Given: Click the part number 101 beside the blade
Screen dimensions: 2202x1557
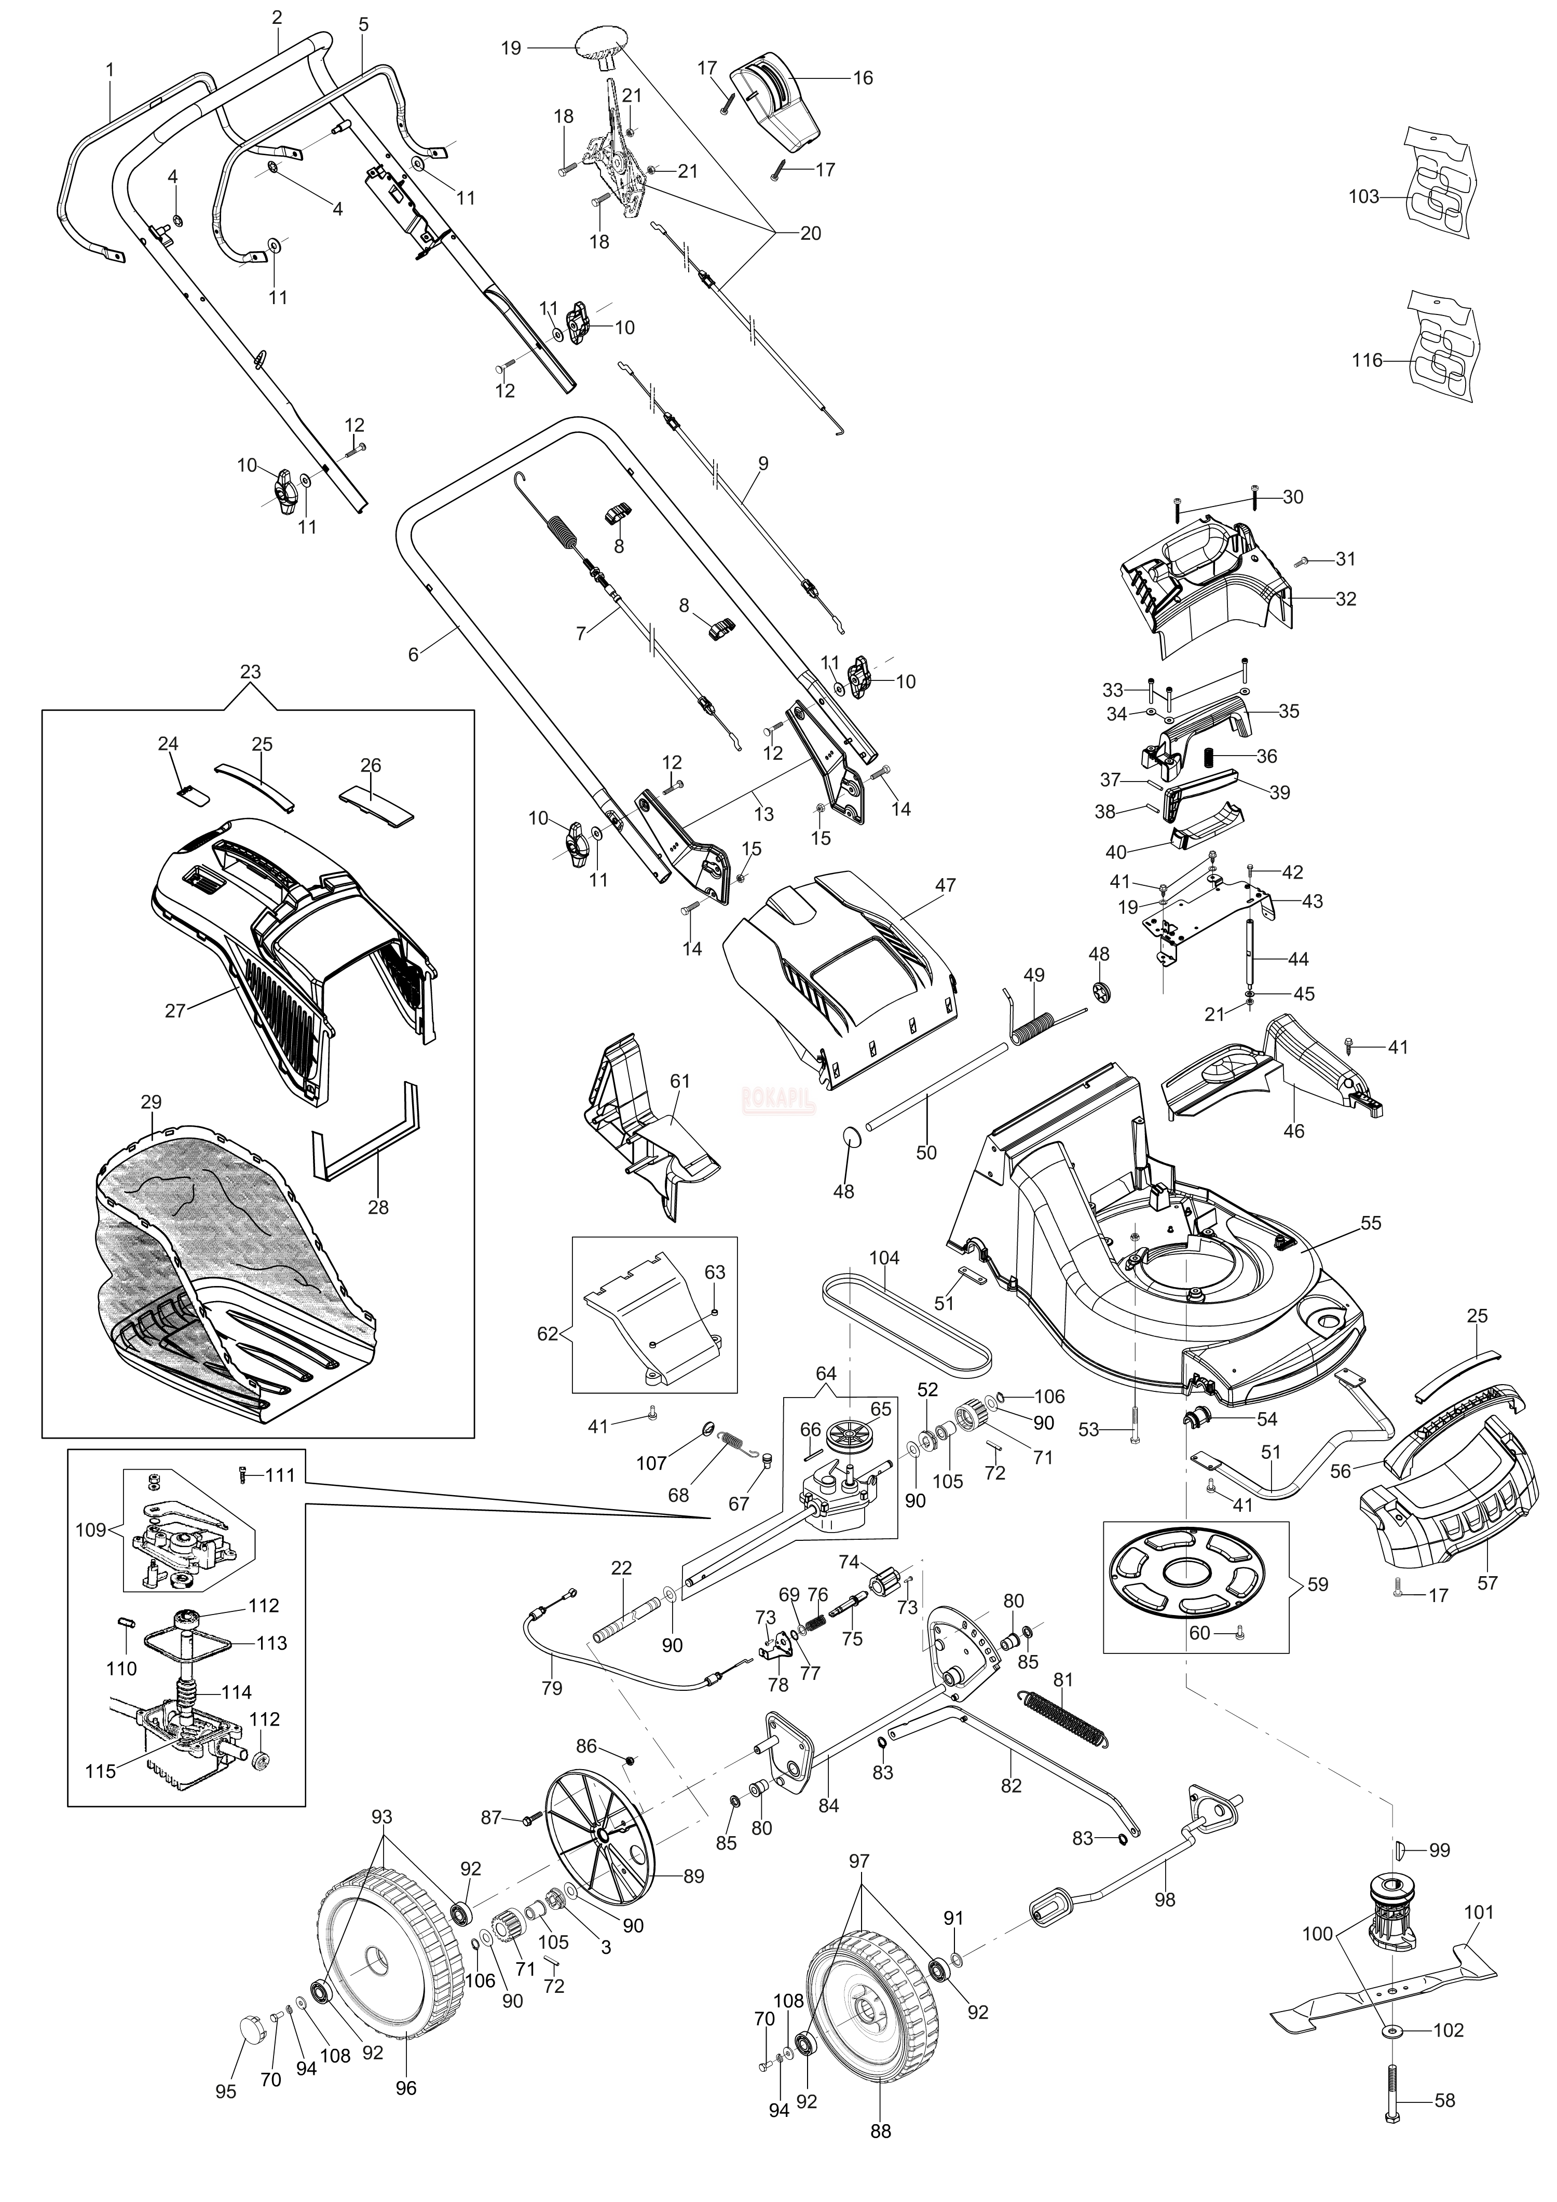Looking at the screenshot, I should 1478,1911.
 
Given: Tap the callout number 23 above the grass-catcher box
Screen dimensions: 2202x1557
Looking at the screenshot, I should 250,672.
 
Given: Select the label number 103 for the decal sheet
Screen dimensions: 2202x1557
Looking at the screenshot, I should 1363,197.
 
